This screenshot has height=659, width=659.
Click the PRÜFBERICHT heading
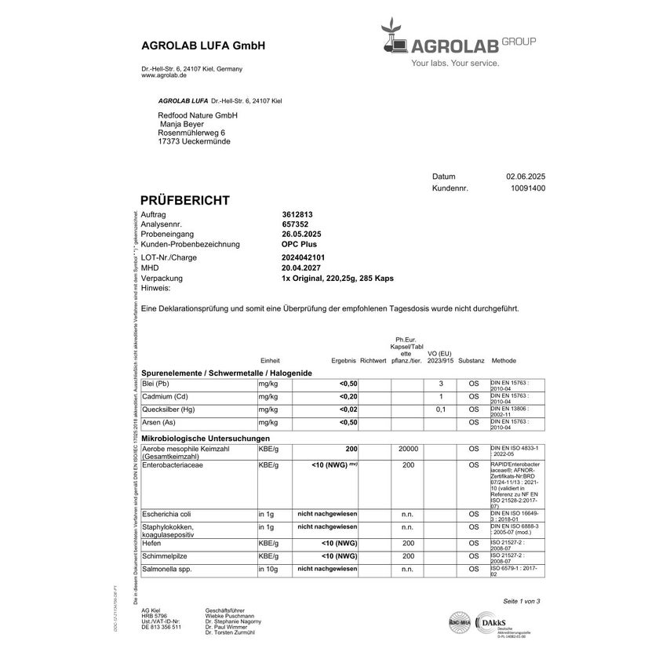click(184, 201)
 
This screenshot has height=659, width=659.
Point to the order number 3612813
click(297, 214)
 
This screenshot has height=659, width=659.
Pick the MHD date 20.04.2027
click(302, 268)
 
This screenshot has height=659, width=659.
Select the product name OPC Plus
click(299, 246)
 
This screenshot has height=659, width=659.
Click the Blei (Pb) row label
click(155, 384)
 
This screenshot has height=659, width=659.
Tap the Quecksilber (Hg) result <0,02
click(348, 410)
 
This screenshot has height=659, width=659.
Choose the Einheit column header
click(269, 360)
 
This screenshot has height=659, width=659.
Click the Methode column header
click(504, 360)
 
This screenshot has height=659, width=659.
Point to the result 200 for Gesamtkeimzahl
click(351, 449)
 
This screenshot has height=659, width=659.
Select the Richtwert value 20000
click(408, 449)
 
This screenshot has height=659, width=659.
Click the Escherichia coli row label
click(166, 514)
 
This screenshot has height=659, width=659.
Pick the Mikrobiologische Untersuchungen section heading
click(206, 438)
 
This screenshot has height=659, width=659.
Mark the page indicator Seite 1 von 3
click(522, 601)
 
